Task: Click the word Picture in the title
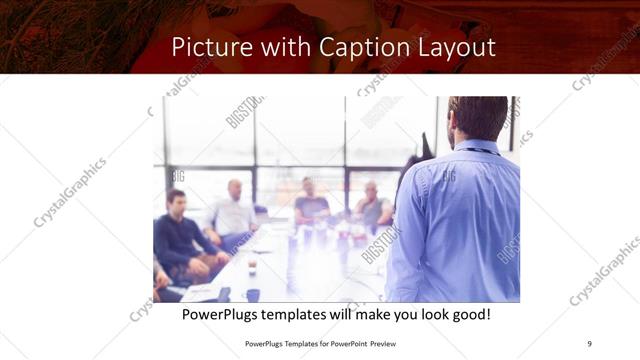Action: coord(207,47)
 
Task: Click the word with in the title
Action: coord(281,47)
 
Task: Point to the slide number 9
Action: coord(589,344)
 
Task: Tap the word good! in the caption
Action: coord(467,315)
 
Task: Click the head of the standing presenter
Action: coord(478,118)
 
